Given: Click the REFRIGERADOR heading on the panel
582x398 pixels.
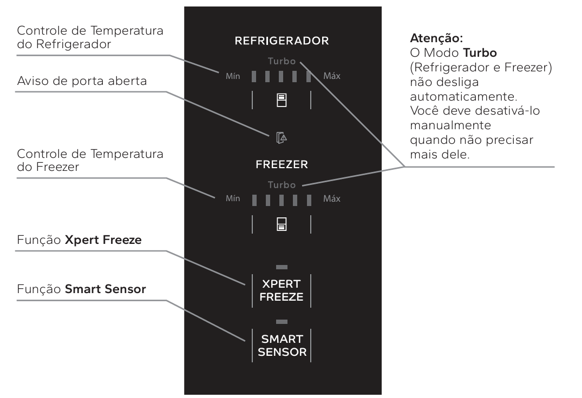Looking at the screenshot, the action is point(282,41).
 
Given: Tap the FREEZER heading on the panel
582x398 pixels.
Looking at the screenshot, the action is point(282,164).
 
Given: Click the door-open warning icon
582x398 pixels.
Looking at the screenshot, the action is point(282,137).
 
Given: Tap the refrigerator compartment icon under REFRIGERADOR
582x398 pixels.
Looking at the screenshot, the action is point(282,100).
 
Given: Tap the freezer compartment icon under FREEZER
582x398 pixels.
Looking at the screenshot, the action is point(282,224).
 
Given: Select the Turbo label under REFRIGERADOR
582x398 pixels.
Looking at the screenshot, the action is point(282,61).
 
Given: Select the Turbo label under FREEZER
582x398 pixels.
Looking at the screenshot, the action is point(282,184).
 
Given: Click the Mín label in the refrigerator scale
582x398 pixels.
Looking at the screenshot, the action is point(233,76).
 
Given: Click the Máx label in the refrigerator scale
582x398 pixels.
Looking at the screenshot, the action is point(331,76).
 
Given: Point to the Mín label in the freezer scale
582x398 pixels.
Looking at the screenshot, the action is point(233,198).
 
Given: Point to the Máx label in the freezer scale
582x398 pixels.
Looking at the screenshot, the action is point(331,198).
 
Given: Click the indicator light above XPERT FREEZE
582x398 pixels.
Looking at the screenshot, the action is point(282,267).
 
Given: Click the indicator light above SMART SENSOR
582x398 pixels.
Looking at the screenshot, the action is point(282,322).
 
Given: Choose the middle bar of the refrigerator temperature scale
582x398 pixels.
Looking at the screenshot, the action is point(281,76).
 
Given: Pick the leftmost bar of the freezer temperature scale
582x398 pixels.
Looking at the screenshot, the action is point(254,200).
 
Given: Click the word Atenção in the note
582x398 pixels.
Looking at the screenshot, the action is point(436,38).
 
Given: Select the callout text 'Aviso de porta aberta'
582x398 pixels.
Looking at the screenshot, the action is point(82,81).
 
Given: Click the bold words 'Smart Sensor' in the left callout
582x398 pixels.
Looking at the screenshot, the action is point(106,289).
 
